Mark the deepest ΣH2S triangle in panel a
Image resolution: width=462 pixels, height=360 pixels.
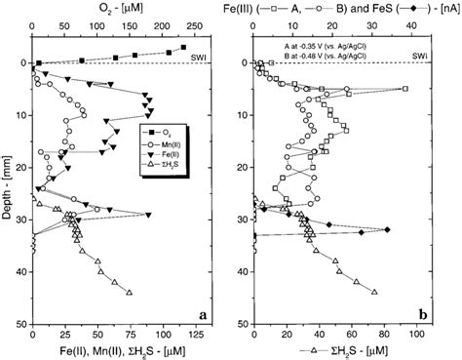130,292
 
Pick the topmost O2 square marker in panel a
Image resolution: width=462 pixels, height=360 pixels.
183,47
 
